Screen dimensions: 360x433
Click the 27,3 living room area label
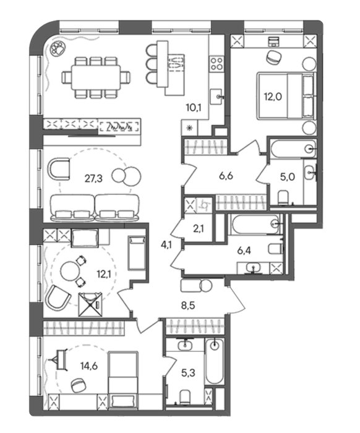tap(93, 179)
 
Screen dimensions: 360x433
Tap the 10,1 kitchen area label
tap(194, 108)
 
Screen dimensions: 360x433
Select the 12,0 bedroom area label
tap(273, 97)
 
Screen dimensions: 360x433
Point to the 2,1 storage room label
tap(199, 228)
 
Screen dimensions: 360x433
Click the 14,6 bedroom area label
tap(89, 366)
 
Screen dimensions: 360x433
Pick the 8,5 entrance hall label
tap(188, 306)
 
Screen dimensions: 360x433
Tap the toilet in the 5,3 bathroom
tap(184, 397)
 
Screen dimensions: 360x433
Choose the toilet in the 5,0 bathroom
tap(283, 198)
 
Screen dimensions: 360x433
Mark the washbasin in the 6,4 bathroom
tap(254, 268)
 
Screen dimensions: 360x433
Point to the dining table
tap(95, 77)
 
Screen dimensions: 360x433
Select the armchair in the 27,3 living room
tap(59, 169)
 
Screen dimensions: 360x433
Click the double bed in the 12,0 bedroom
tap(286, 96)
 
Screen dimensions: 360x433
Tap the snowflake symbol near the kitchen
tap(189, 127)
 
